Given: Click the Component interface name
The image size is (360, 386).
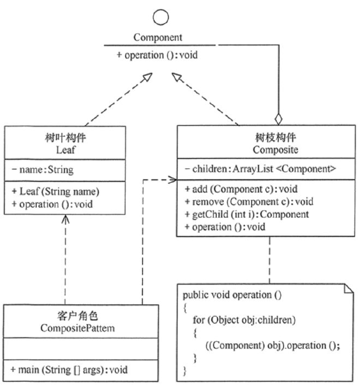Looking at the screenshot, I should [x=159, y=38].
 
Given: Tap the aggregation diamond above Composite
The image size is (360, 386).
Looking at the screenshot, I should [x=278, y=117].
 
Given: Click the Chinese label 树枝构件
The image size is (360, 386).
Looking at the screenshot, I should [x=263, y=138].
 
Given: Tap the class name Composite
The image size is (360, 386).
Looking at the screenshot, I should [x=263, y=149].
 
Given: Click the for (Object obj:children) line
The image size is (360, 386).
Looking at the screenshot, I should [x=244, y=320].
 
